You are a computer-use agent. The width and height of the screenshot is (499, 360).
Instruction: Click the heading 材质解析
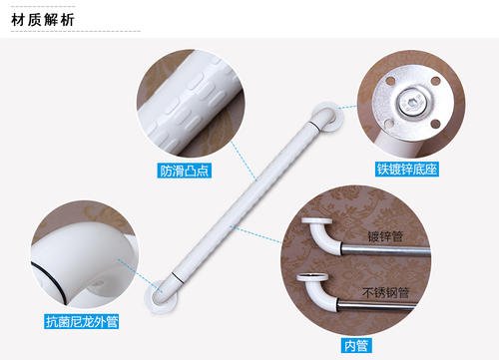pos(42,20)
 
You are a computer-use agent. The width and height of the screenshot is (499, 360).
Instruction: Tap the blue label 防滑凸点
pos(184,171)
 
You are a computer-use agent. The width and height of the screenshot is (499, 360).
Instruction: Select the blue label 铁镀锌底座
pos(407,169)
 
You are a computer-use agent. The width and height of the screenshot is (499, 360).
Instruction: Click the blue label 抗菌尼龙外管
pos(82,321)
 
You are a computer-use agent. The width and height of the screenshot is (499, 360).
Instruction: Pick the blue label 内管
pos(356,346)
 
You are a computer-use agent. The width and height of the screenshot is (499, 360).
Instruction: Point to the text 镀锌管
pos(385,236)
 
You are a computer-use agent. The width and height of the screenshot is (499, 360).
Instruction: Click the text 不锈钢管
pos(385,293)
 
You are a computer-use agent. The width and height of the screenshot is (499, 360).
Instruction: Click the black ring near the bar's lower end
pos(178,278)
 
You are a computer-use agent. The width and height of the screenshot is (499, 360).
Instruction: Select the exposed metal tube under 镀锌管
pos(386,251)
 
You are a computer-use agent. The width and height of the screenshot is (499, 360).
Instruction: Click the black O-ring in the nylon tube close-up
pos(50,281)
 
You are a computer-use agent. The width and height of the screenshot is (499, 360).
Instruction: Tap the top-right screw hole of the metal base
pos(435,81)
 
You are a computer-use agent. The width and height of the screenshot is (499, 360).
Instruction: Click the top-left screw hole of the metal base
pos(391,81)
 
